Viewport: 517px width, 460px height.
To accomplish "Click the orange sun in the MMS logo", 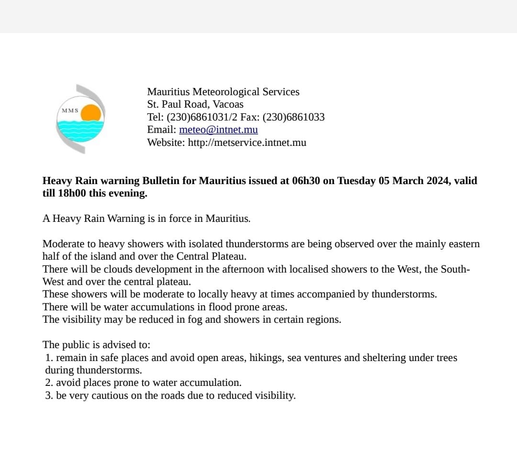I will pyautogui.click(x=91, y=114).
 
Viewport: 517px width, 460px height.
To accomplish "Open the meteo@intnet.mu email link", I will pyautogui.click(x=218, y=130).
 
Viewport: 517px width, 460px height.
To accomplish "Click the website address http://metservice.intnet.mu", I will pyautogui.click(x=247, y=142).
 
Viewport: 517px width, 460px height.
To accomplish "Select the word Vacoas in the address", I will pyautogui.click(x=228, y=104).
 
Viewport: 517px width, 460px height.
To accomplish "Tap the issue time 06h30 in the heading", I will pyautogui.click(x=306, y=181).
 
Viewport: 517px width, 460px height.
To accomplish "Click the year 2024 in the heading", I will pyautogui.click(x=436, y=181).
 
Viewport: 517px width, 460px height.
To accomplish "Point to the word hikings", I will pyautogui.click(x=266, y=358).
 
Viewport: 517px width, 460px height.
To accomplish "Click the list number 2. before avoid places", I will pyautogui.click(x=49, y=383).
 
